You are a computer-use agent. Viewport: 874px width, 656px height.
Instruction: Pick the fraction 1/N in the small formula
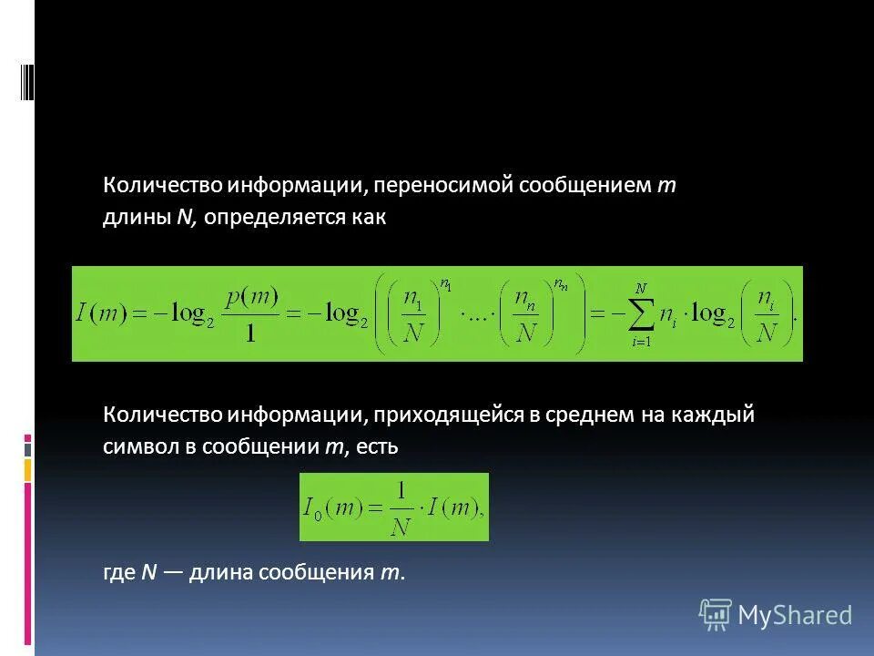pyautogui.click(x=399, y=507)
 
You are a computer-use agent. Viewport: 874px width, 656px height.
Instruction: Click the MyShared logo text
pyautogui.click(x=795, y=615)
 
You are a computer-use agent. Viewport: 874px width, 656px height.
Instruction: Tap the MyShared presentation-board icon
pyautogui.click(x=715, y=615)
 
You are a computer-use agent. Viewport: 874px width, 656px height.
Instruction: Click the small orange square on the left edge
pyautogui.click(x=27, y=469)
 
